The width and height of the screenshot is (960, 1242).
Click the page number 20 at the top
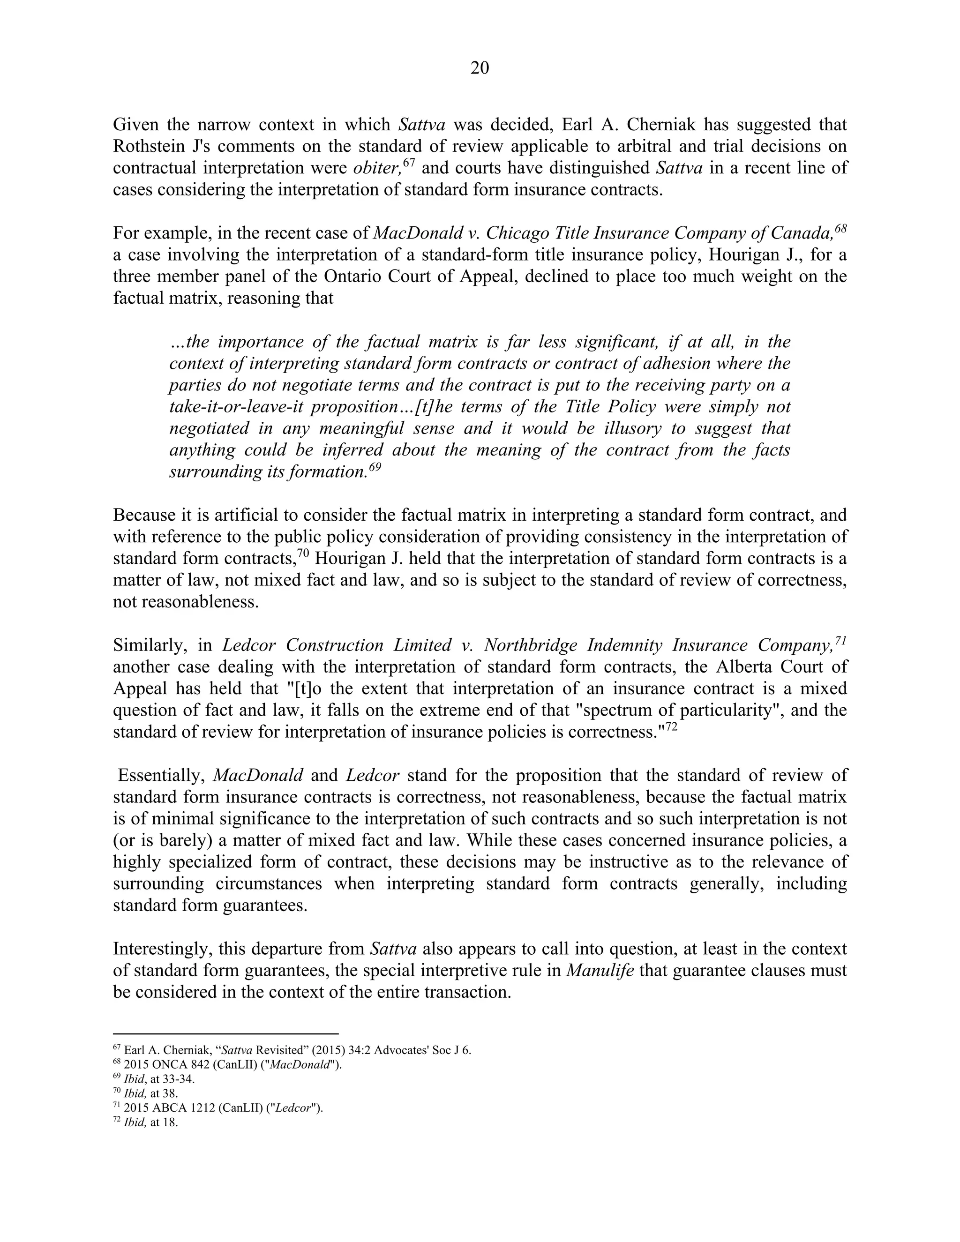coord(480,68)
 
